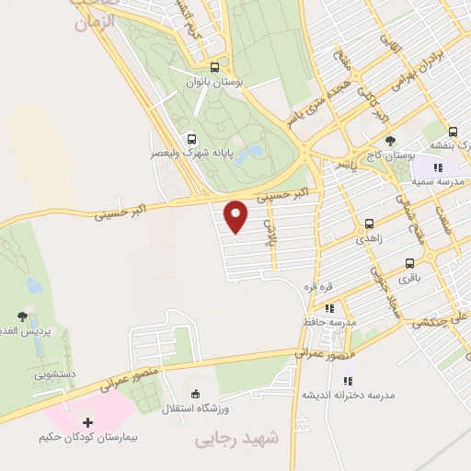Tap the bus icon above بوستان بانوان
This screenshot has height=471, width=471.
coord(214,67)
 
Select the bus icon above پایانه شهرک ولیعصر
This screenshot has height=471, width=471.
coord(191,139)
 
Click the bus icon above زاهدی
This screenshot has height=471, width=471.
coord(369,223)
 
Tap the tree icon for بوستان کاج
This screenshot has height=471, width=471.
coord(391,140)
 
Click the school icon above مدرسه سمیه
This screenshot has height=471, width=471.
coord(438,167)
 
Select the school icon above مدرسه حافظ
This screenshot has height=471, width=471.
coord(329,308)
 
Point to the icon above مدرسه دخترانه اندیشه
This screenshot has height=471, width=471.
coord(348,380)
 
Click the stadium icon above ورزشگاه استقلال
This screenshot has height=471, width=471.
coord(193,393)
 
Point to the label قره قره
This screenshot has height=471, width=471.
coord(320,285)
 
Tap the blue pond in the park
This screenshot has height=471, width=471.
coord(247,154)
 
